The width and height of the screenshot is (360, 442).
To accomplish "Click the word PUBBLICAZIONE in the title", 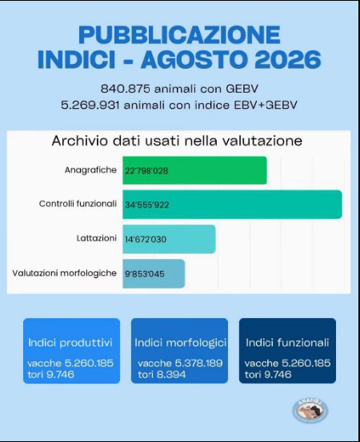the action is [179, 34].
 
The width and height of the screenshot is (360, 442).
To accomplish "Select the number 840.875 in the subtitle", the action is [126, 89].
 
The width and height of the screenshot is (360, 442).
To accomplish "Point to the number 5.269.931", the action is [90, 106].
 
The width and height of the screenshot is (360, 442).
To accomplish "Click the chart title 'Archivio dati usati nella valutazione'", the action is [177, 141].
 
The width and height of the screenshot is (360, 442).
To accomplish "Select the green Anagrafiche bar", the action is [194, 170].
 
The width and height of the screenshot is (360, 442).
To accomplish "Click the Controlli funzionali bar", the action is [233, 205].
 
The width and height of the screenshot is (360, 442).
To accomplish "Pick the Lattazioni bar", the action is [170, 239].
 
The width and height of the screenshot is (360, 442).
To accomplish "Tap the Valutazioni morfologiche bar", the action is [154, 273].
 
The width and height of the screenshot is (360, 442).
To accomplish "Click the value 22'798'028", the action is [146, 171].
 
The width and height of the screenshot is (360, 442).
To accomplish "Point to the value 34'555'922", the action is [147, 205].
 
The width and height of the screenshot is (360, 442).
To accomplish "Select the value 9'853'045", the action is [145, 273].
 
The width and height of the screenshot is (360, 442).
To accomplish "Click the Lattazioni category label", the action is [97, 238].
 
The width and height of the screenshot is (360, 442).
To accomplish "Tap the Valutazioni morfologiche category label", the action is [64, 273].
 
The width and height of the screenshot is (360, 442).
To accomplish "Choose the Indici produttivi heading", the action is [70, 343].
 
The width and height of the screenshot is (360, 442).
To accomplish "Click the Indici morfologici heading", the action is [181, 343].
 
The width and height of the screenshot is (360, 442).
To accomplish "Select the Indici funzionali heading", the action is [287, 343].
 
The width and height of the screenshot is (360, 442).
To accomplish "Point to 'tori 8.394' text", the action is [162, 375].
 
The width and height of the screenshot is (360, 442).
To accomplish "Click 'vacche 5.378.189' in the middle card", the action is [180, 363].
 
